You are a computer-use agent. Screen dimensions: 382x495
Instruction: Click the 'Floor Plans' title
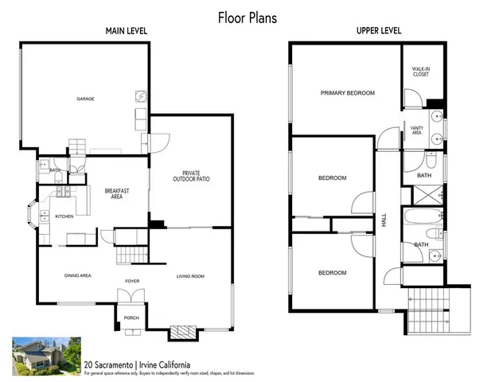click(247, 17)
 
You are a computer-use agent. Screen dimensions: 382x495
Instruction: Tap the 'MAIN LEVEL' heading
click(127, 32)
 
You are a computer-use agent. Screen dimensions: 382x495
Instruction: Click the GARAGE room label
click(85, 99)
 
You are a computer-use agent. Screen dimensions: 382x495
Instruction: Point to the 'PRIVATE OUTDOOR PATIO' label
click(191, 176)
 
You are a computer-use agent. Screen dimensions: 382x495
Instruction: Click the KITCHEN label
click(64, 216)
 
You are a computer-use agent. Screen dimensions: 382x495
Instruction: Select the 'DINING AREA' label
click(77, 276)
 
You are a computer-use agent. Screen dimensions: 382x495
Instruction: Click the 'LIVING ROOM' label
click(190, 276)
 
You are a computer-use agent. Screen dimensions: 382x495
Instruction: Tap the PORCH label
click(131, 318)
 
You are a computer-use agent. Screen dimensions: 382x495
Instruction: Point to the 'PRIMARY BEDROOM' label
click(347, 93)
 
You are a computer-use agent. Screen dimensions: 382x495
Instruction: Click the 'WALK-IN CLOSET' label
click(421, 72)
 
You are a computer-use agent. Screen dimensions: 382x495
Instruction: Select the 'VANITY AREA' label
click(415, 130)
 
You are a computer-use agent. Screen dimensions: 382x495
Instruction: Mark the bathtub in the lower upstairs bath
click(423, 217)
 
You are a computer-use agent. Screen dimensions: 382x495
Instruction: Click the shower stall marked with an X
click(424, 193)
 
